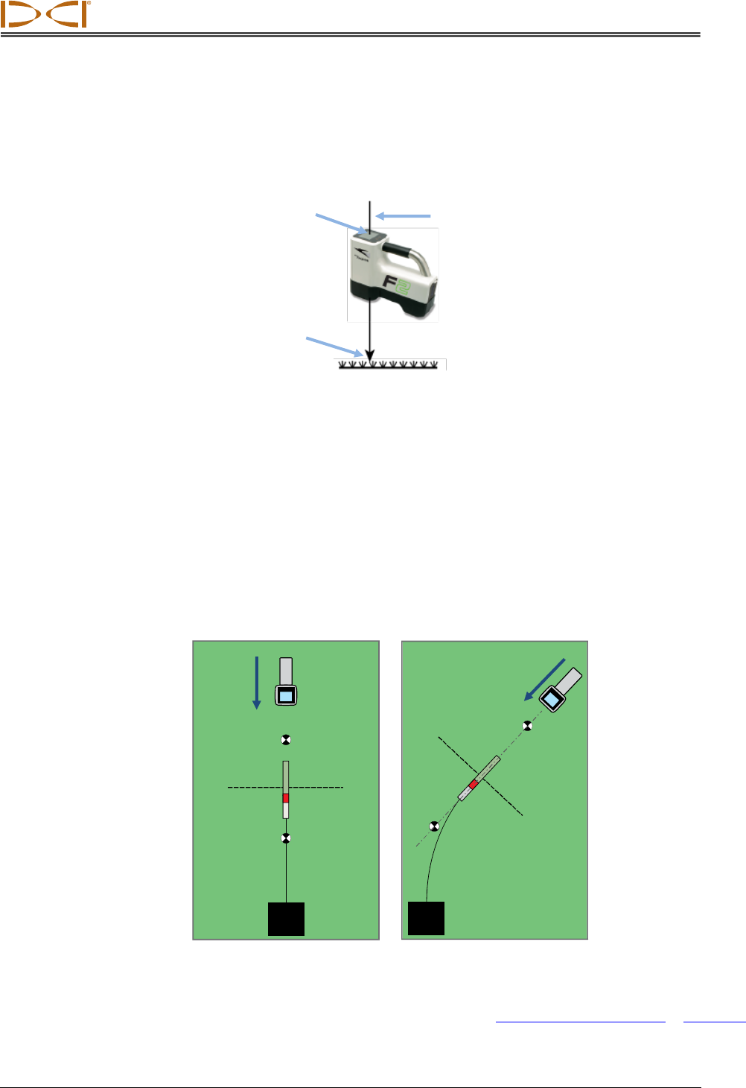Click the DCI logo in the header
click(x=46, y=14)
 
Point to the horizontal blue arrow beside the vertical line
click(x=403, y=216)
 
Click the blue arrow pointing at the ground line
click(x=334, y=347)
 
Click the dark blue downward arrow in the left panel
click(x=257, y=683)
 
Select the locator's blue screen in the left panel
click(x=286, y=696)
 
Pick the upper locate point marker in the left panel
click(x=285, y=740)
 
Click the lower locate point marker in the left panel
click(x=285, y=838)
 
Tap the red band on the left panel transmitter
click(x=285, y=797)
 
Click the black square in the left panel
click(x=286, y=919)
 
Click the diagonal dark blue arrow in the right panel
click(x=545, y=680)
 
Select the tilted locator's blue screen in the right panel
click(x=552, y=699)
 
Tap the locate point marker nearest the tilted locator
click(x=527, y=726)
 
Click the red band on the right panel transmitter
click(x=473, y=785)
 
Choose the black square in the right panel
click(x=426, y=918)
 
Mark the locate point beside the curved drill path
click(x=435, y=826)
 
